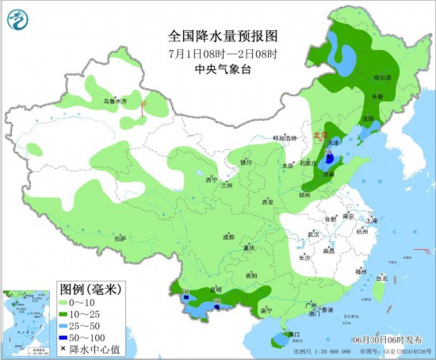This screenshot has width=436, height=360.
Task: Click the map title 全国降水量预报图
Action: tap(224, 36)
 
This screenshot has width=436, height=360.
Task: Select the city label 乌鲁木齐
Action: tap(116, 101)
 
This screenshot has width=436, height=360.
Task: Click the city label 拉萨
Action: tap(120, 238)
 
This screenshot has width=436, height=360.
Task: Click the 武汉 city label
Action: tap(314, 234)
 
